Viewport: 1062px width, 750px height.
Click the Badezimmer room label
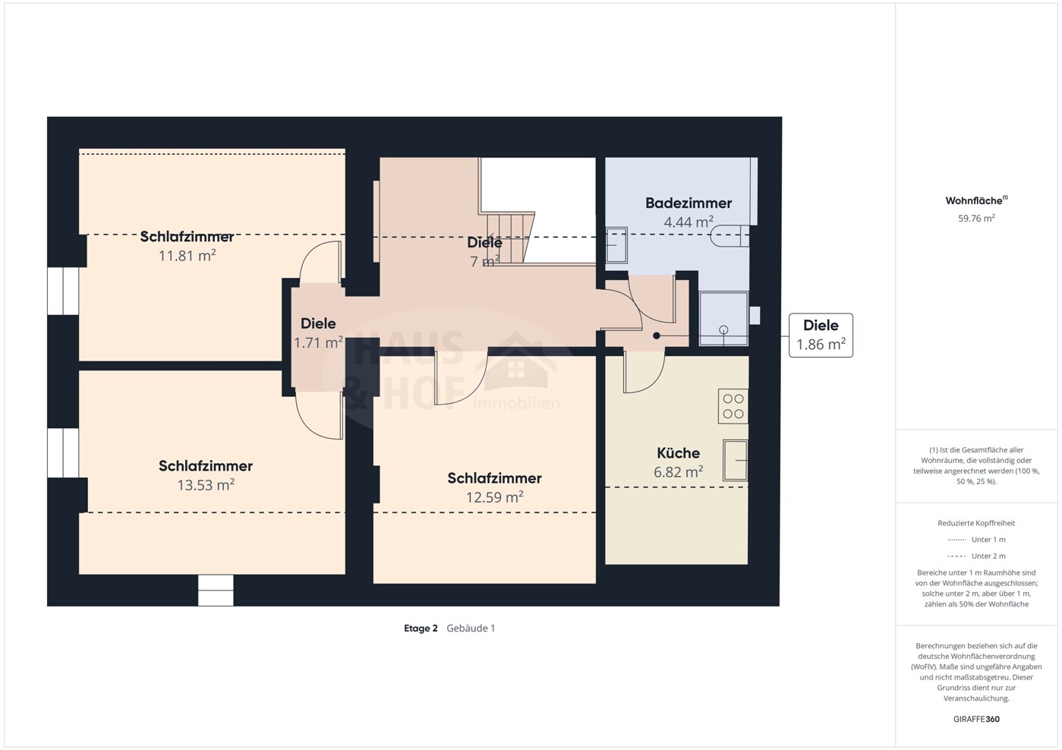pos(689,203)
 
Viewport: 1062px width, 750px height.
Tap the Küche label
pos(678,452)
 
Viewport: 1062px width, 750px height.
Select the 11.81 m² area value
pos(188,256)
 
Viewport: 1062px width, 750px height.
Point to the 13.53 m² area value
pos(206,485)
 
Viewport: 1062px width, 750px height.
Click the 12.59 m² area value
pos(494,497)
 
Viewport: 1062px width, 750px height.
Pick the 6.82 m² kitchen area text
pos(678,471)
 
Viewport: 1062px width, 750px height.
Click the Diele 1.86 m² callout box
pos(821,336)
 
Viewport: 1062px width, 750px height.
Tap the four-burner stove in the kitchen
pos(733,406)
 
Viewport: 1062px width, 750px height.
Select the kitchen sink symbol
pos(736,460)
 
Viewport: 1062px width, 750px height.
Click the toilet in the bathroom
pos(730,235)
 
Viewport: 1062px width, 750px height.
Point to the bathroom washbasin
pos(616,245)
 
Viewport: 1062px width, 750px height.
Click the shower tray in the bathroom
pos(723,319)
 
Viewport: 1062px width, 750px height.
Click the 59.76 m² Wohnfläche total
pos(976,219)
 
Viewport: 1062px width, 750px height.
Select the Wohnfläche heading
pos(976,200)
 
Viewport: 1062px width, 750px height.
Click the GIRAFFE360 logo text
pos(976,719)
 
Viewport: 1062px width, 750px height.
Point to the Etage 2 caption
pos(421,628)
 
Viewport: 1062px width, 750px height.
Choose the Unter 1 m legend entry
pos(976,540)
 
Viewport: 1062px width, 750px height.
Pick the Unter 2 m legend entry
pos(976,556)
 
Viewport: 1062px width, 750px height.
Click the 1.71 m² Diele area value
pos(318,342)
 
